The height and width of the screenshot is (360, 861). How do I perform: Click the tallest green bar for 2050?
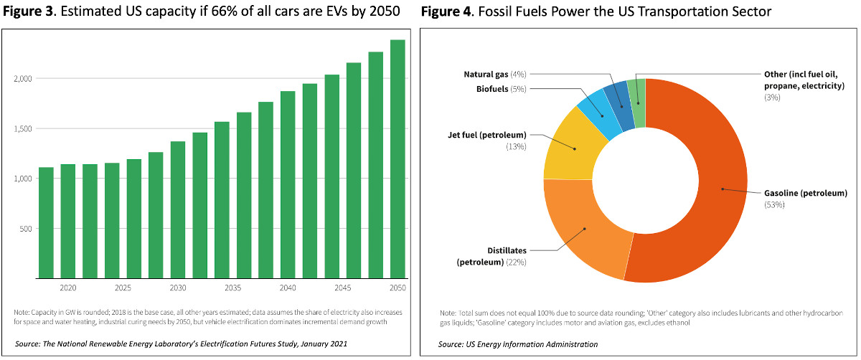pos(397,158)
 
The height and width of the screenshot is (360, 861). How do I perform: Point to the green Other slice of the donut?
pos(636,93)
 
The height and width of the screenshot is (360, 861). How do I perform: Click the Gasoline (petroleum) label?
pos(796,193)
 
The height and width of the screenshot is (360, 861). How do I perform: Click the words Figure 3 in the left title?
pos(28,12)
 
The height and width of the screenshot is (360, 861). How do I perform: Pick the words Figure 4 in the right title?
pos(449,12)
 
